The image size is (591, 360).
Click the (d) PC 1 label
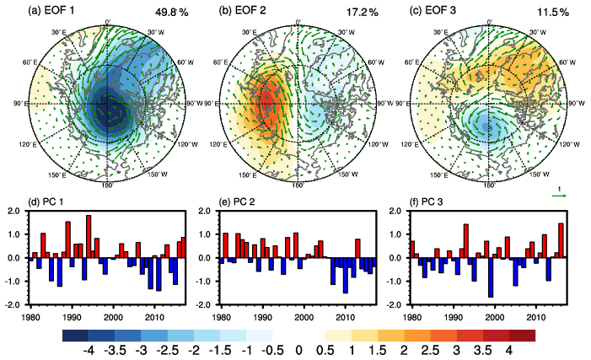click(51, 202)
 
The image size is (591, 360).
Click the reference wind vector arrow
click(558, 196)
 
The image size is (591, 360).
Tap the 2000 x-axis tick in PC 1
click(114, 317)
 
